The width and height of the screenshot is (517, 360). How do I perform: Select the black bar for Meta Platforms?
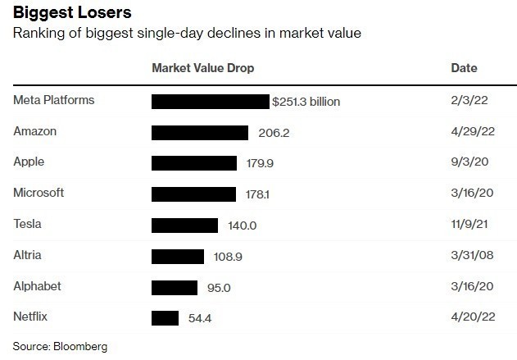pyautogui.click(x=211, y=102)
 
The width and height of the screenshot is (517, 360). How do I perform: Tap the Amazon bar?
pyautogui.click(x=200, y=133)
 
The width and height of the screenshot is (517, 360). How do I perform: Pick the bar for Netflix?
pyautogui.click(x=165, y=317)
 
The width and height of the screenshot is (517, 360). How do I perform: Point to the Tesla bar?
pyautogui.click(x=185, y=225)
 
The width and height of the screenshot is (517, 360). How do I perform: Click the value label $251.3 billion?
pyautogui.click(x=307, y=102)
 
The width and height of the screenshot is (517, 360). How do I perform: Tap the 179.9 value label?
pyautogui.click(x=260, y=163)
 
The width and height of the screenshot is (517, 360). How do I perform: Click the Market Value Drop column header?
pyautogui.click(x=203, y=68)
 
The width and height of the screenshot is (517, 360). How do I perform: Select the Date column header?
pyautogui.click(x=464, y=68)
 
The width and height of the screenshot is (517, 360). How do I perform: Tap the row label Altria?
pyautogui.click(x=28, y=255)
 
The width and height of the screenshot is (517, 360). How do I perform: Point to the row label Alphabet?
pyautogui.click(x=37, y=286)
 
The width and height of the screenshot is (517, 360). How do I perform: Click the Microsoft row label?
pyautogui.click(x=39, y=193)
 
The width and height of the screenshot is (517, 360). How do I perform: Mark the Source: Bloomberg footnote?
pyautogui.click(x=60, y=346)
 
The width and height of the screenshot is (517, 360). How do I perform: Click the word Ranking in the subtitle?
pyautogui.click(x=37, y=34)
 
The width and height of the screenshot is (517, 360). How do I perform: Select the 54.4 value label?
pyautogui.click(x=200, y=317)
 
